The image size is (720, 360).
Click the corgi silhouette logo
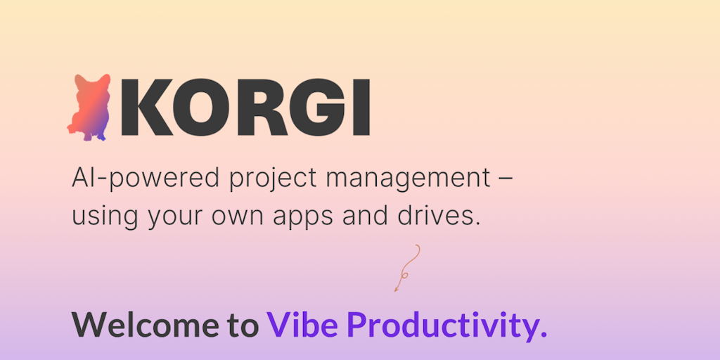point(89,107)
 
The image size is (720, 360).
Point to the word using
point(105,217)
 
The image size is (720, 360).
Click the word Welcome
point(146,325)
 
